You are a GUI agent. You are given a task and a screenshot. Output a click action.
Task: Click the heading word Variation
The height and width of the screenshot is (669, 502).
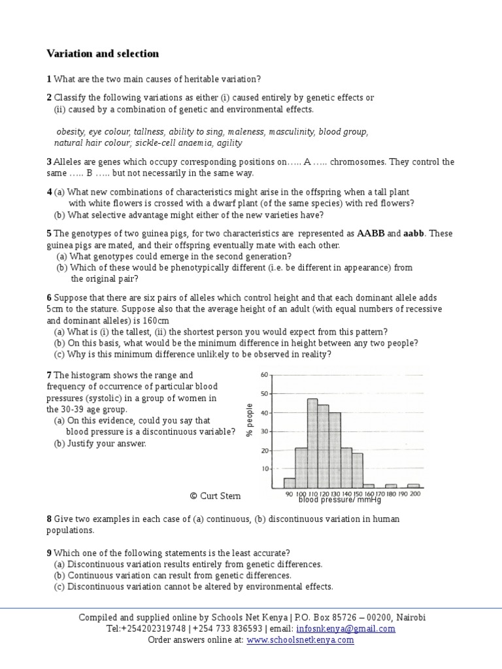[x=69, y=54]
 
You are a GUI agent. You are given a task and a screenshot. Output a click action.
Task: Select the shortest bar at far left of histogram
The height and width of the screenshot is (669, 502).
[x=290, y=483]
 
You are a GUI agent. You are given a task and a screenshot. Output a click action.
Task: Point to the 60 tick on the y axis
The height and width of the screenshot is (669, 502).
[x=264, y=375]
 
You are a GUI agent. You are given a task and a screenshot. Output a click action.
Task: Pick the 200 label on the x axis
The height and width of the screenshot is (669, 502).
[x=415, y=495]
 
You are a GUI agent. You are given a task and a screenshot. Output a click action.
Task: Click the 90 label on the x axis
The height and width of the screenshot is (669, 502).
[x=290, y=495]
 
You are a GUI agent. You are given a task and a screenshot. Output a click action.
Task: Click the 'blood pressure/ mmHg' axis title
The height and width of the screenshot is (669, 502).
[x=339, y=500]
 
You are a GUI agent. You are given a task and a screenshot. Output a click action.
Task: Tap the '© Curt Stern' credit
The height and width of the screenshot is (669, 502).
[x=215, y=496]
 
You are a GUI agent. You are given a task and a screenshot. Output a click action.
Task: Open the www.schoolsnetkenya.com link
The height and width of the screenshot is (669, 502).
[x=300, y=640]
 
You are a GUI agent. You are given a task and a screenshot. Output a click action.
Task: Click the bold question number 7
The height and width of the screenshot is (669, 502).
[x=49, y=375]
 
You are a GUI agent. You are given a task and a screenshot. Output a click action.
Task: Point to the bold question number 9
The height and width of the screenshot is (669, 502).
[x=49, y=552]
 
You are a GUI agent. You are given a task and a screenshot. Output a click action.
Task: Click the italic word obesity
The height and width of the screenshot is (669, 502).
[x=71, y=131]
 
